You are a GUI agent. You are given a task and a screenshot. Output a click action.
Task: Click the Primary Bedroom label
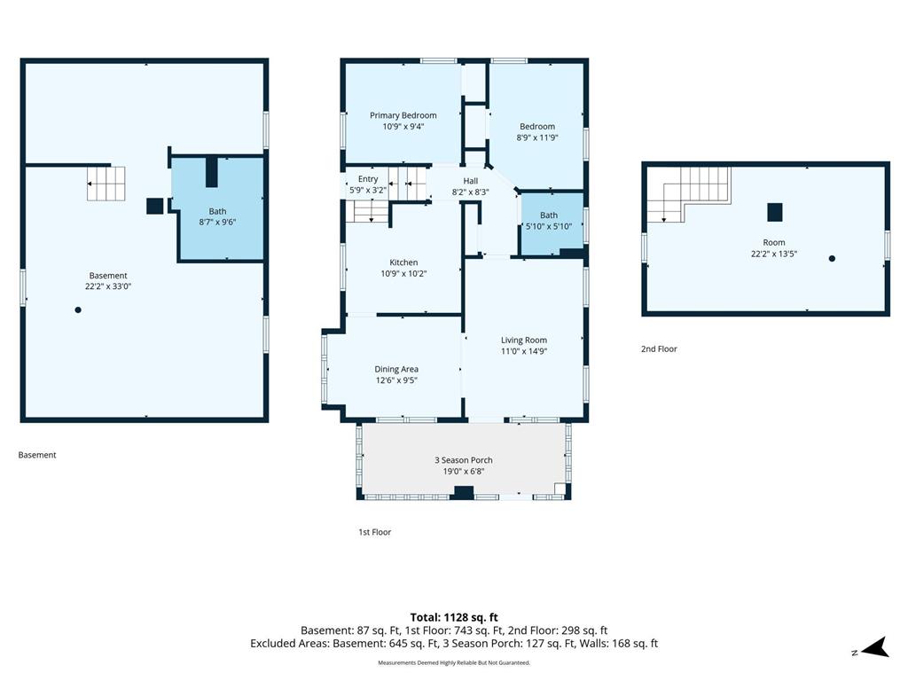pyautogui.click(x=403, y=115)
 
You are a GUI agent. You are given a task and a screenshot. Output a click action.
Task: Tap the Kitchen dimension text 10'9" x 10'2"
pyautogui.click(x=403, y=273)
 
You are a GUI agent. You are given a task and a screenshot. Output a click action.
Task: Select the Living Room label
pyautogui.click(x=524, y=340)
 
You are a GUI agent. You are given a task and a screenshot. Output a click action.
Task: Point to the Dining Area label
pyautogui.click(x=396, y=369)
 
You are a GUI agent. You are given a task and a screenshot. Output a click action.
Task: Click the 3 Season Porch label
pyautogui.click(x=464, y=460)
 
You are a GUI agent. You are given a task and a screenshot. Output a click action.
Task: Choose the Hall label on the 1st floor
pyautogui.click(x=471, y=181)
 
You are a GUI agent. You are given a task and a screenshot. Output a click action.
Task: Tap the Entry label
pyautogui.click(x=368, y=179)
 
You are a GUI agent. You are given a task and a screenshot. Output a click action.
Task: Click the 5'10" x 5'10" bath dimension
pyautogui.click(x=549, y=226)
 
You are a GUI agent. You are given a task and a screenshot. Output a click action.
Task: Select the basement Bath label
pyautogui.click(x=218, y=211)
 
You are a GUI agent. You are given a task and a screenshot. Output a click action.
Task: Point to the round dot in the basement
pyautogui.click(x=78, y=309)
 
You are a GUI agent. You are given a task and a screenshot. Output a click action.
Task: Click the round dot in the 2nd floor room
pyautogui.click(x=832, y=259)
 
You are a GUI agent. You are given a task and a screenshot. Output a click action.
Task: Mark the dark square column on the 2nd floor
pyautogui.click(x=775, y=213)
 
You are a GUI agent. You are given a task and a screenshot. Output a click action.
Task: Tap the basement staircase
pyautogui.click(x=106, y=184)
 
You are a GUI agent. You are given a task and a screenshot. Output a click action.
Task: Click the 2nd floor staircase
pyautogui.click(x=689, y=194)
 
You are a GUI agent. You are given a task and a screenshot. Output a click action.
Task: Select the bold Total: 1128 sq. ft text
pyautogui.click(x=454, y=617)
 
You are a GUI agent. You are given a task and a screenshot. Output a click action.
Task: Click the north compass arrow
pyautogui.click(x=875, y=647)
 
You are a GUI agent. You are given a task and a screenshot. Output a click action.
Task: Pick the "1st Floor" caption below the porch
pyautogui.click(x=375, y=532)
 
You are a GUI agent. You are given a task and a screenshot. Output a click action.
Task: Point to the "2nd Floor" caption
pyautogui.click(x=659, y=348)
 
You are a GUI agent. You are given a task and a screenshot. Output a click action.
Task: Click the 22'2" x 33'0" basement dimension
pyautogui.click(x=108, y=286)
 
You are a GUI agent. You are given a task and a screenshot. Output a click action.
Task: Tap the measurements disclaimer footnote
pyautogui.click(x=454, y=662)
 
